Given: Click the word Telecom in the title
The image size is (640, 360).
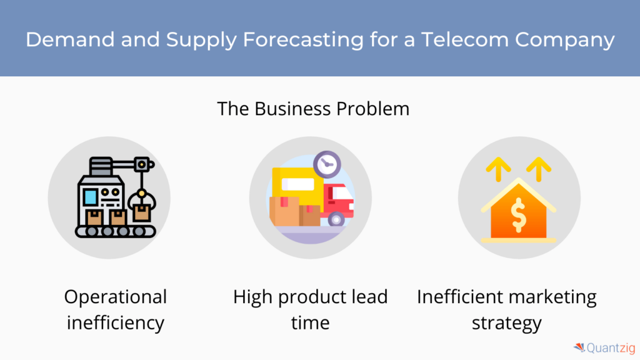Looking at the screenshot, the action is point(464,39).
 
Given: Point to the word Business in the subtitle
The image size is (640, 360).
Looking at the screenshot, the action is point(292,109).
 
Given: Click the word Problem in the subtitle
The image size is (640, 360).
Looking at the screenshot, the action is point(373,109).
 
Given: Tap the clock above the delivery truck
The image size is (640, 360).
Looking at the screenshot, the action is point(327,164).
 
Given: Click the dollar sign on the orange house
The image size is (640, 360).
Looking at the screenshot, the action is point(518,215).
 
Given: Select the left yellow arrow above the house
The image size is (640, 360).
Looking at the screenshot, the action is point(498,169).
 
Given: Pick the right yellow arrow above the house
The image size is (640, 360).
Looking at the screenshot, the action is point(539,169).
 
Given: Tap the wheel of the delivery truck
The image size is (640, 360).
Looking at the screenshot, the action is point(336,219).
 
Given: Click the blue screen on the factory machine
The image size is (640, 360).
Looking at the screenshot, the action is point(90,197).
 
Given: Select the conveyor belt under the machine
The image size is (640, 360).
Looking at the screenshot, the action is point(116,231).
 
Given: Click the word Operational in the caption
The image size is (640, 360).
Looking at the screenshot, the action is point(116,297).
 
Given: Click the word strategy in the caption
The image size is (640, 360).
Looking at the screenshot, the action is point(507,323).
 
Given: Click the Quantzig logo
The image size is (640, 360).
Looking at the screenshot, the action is point(604,348).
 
